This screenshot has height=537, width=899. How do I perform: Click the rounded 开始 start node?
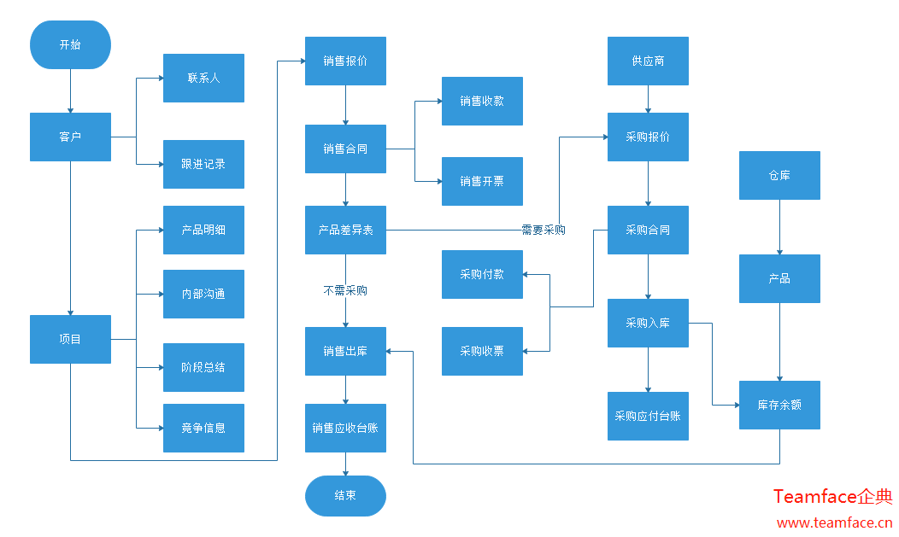[x=70, y=44]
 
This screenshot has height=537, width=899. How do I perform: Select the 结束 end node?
[x=345, y=495]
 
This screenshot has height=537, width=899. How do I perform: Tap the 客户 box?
[x=70, y=137]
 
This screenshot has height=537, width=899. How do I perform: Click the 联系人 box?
[x=203, y=78]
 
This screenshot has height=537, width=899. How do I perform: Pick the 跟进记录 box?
[x=203, y=164]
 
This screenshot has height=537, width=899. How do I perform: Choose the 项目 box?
[x=70, y=339]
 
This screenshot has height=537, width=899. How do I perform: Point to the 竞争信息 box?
[x=203, y=428]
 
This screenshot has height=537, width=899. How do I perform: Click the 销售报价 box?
[x=345, y=61]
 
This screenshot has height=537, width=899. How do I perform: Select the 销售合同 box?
[x=345, y=149]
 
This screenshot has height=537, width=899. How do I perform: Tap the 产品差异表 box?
[x=345, y=230]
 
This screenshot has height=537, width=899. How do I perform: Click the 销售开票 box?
[x=482, y=181]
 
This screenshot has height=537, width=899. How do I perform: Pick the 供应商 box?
[x=648, y=61]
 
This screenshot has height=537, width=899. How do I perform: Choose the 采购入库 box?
[x=648, y=323]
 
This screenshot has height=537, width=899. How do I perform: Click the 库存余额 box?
[x=779, y=404]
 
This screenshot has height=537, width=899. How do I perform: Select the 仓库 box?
[x=779, y=175]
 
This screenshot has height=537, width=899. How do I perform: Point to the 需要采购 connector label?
[x=544, y=230]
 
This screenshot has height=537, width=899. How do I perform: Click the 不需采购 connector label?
[x=345, y=290]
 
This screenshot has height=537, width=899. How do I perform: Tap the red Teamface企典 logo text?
[x=832, y=496]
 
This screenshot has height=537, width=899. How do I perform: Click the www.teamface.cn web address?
[x=834, y=522]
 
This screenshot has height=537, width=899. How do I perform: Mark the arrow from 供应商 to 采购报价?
[x=648, y=99]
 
